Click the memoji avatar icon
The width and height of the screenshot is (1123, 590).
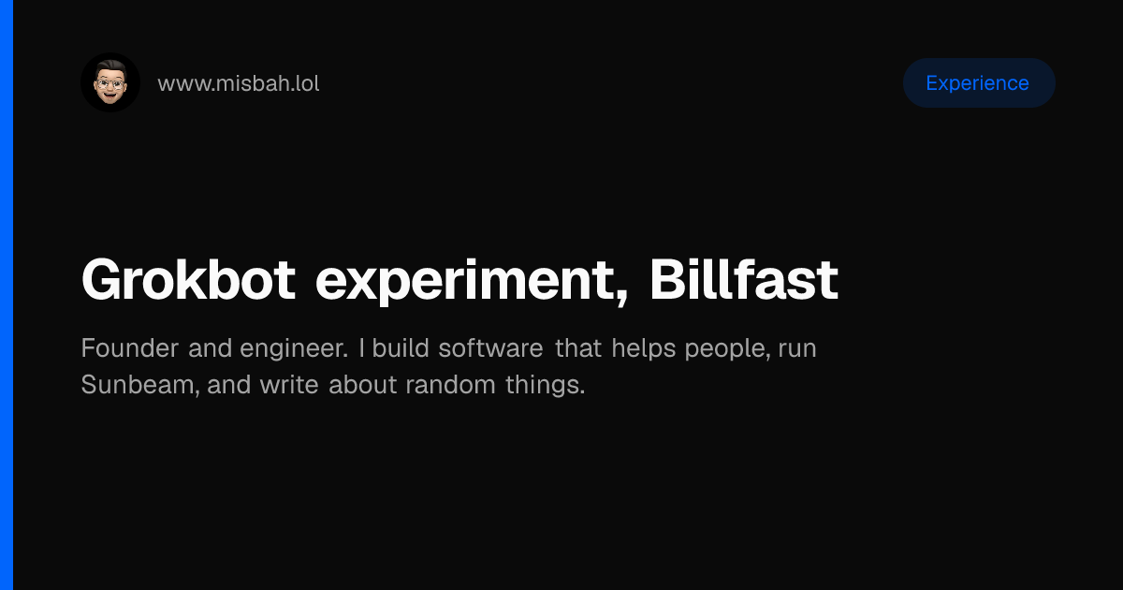click(x=110, y=82)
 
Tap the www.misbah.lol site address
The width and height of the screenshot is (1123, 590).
click(x=238, y=83)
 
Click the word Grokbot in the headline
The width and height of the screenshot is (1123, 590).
click(x=188, y=279)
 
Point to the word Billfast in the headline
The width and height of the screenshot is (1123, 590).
click(x=744, y=279)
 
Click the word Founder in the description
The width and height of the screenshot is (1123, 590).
click(x=130, y=348)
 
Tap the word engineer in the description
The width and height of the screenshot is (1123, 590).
click(x=294, y=349)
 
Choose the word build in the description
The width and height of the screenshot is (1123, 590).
click(x=401, y=347)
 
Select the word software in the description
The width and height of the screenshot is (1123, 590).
click(x=490, y=347)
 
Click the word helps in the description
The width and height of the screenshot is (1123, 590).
click(x=644, y=349)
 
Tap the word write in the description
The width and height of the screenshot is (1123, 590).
click(x=289, y=385)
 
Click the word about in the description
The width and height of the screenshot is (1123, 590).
click(x=363, y=385)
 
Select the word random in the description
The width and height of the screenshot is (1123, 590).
click(x=451, y=385)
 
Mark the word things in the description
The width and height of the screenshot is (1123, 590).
click(x=545, y=386)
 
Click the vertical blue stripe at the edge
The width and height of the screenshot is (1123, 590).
click(x=7, y=295)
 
